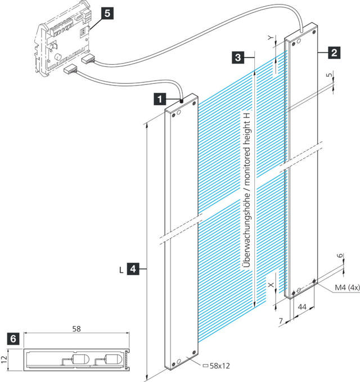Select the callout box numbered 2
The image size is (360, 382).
click(334, 53)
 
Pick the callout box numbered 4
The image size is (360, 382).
click(133, 269)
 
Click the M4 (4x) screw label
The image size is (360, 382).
click(339, 288)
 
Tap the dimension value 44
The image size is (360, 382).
click(301, 307)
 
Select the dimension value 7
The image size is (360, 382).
click(281, 320)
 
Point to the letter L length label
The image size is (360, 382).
click(121, 269)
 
